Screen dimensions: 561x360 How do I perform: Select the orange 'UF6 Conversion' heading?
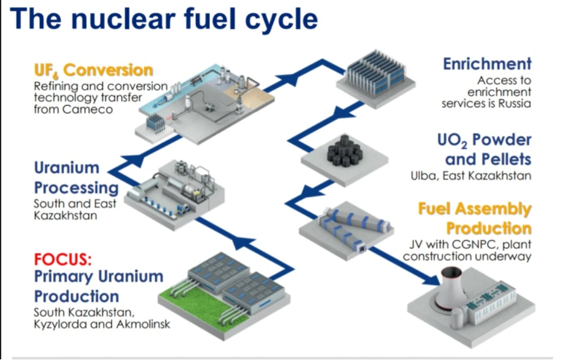[x=93, y=69]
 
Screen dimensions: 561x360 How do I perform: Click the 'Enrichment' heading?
[x=487, y=64]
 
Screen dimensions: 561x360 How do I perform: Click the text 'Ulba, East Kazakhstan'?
[x=470, y=175]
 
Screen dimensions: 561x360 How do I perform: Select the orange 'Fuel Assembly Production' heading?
[x=474, y=218]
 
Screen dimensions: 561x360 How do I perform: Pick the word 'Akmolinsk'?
[x=136, y=324]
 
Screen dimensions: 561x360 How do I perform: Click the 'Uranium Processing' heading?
[x=76, y=178]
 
